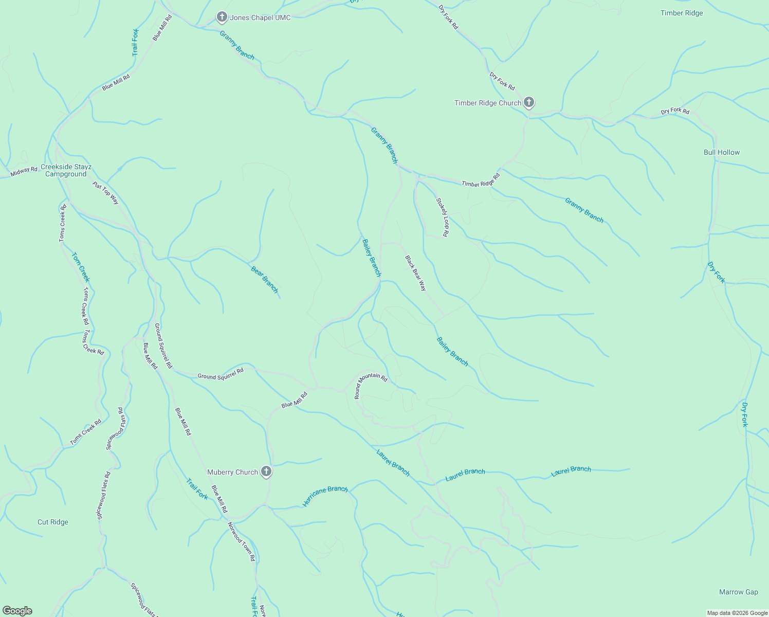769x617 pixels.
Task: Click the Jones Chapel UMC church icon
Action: tap(222, 17)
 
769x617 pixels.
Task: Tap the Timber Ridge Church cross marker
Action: tap(528, 102)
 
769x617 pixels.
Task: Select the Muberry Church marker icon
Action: tap(266, 471)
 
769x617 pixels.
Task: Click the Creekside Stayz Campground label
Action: tap(66, 170)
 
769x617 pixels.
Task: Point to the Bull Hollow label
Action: tap(722, 152)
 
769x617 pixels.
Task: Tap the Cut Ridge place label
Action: tap(53, 522)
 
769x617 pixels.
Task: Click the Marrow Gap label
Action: tap(738, 592)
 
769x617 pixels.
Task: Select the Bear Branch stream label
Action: tap(265, 279)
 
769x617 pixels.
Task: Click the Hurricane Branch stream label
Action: tap(325, 496)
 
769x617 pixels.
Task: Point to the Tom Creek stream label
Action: tap(81, 267)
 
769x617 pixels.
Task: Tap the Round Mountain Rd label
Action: tap(370, 384)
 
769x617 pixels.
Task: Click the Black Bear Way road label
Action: tap(415, 273)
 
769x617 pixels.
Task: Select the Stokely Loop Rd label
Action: tap(442, 217)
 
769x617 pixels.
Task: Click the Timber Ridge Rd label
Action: tap(481, 180)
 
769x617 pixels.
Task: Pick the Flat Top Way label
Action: tap(106, 192)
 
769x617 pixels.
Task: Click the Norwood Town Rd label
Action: tap(242, 541)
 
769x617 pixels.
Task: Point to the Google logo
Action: tap(17, 611)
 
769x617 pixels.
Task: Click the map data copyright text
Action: tap(737, 613)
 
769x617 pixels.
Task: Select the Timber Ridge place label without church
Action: tap(682, 13)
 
